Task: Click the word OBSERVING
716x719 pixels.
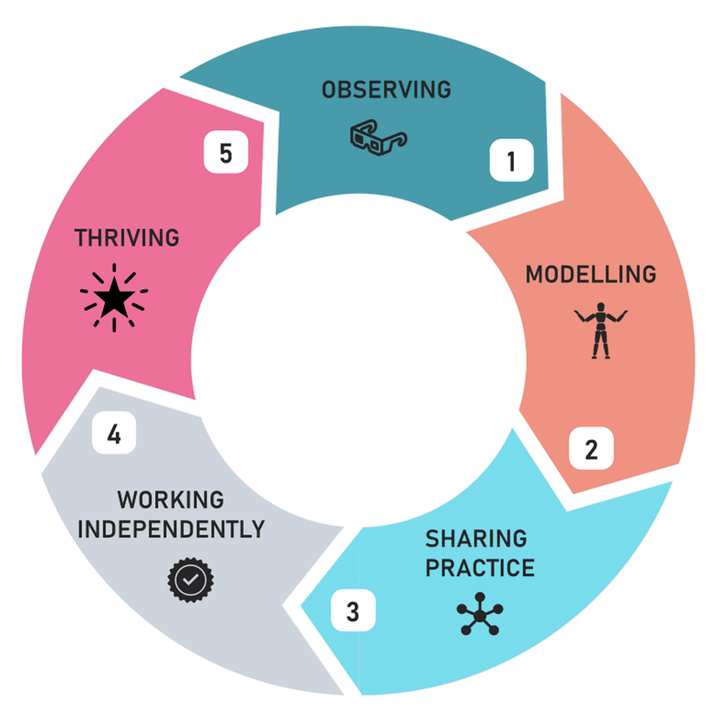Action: pyautogui.click(x=386, y=90)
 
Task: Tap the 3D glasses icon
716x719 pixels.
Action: pyautogui.click(x=378, y=137)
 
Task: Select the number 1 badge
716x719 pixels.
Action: pyautogui.click(x=511, y=160)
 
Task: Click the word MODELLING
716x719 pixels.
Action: pyautogui.click(x=591, y=274)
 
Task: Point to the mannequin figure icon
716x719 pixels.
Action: pyautogui.click(x=600, y=330)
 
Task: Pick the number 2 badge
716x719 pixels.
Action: pyautogui.click(x=591, y=449)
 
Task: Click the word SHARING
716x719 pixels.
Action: pyautogui.click(x=476, y=539)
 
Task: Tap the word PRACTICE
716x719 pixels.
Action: pyautogui.click(x=480, y=568)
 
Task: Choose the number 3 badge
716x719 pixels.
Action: pyautogui.click(x=353, y=611)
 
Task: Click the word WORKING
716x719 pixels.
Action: pyautogui.click(x=171, y=500)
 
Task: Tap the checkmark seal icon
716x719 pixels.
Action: pyautogui.click(x=190, y=580)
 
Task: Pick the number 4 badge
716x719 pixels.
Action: pyautogui.click(x=114, y=433)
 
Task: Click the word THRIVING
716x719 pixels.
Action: pyautogui.click(x=127, y=238)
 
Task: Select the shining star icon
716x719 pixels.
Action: pyautogui.click(x=114, y=298)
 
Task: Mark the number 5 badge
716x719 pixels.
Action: pyautogui.click(x=226, y=152)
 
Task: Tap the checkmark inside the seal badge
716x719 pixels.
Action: pyautogui.click(x=190, y=580)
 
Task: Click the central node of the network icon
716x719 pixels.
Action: pyautogui.click(x=480, y=615)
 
